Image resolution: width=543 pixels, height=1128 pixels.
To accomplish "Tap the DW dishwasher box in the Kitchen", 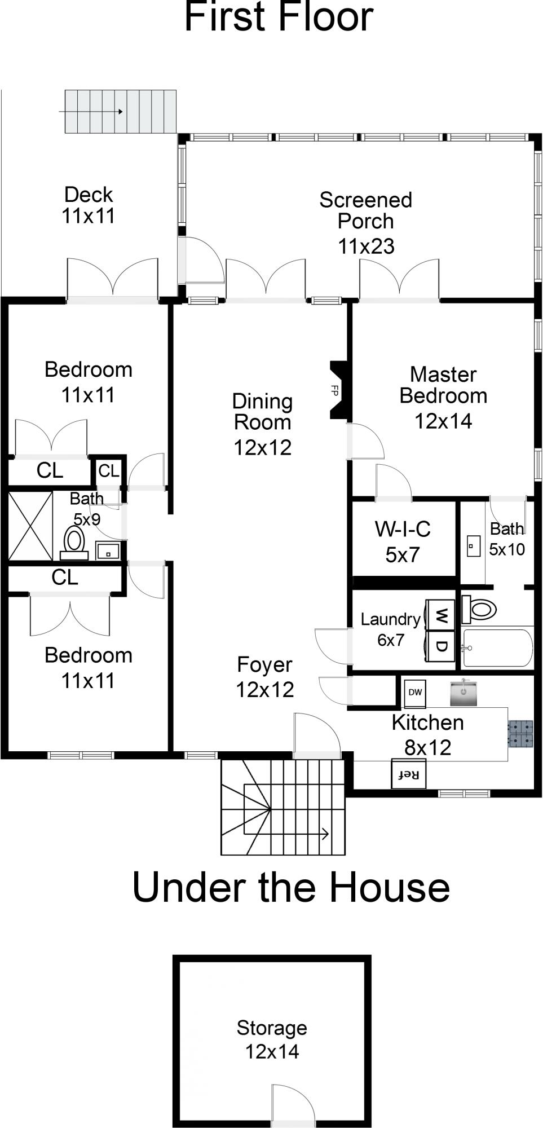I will click(x=414, y=692).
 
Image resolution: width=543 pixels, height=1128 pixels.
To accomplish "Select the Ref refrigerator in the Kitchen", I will click(x=409, y=774).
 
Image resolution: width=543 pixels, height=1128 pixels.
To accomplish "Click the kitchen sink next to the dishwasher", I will click(x=463, y=693).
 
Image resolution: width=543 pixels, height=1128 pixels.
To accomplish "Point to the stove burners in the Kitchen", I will click(x=520, y=733).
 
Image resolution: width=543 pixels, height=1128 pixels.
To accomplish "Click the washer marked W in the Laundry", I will click(x=441, y=615).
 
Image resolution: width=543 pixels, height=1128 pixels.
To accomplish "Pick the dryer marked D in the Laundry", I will click(x=441, y=645).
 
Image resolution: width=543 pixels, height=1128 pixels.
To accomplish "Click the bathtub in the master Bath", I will click(x=496, y=647).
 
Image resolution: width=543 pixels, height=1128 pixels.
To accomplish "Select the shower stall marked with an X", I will click(x=30, y=526).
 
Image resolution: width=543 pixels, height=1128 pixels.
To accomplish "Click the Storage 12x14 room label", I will click(x=272, y=1039).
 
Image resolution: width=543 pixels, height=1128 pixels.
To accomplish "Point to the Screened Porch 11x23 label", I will click(x=366, y=222).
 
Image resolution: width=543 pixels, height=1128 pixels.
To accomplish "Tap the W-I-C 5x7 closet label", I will click(x=403, y=541).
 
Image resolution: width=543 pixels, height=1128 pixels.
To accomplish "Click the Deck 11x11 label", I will click(x=89, y=205).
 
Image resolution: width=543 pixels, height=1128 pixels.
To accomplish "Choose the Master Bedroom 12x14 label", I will click(x=443, y=397).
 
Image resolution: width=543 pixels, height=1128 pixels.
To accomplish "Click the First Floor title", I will click(x=279, y=17).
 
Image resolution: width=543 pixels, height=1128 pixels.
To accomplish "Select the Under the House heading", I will click(x=291, y=887).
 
